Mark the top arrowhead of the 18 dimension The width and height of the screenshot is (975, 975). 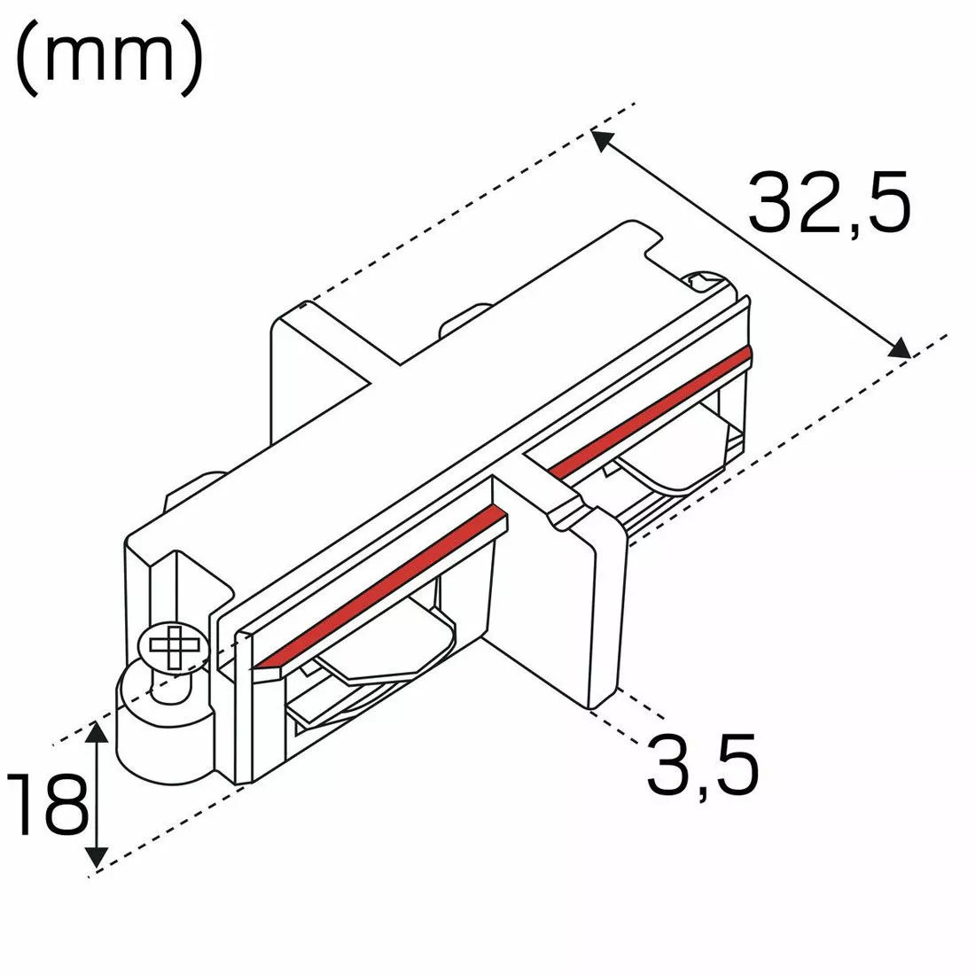click(x=97, y=730)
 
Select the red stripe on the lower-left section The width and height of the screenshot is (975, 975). click(x=381, y=585)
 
